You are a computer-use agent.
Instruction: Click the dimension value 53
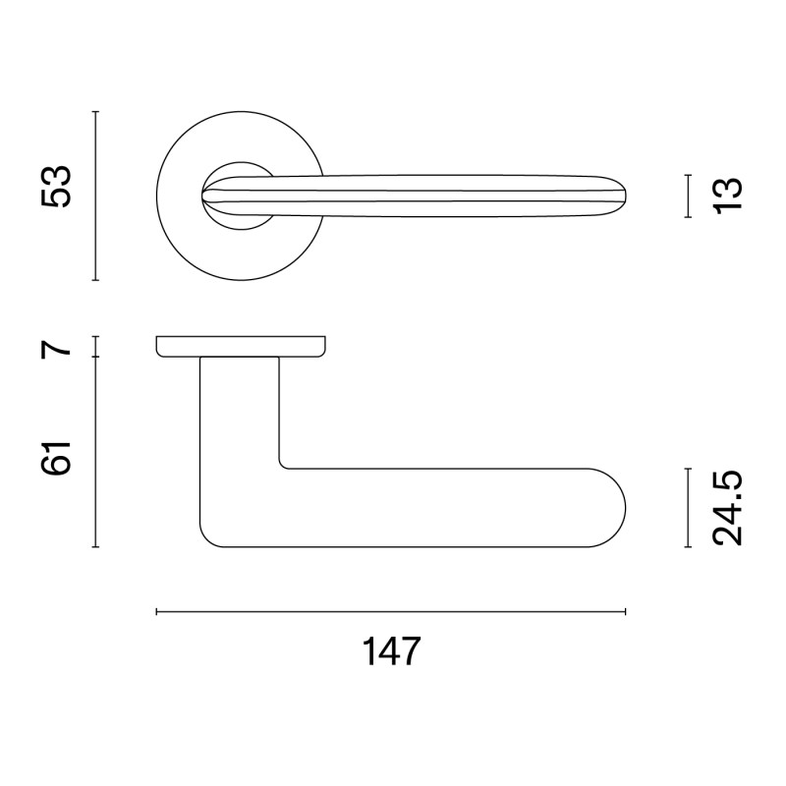coord(56,186)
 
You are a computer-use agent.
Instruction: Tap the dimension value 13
coord(727,196)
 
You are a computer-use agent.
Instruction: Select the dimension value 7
coord(56,345)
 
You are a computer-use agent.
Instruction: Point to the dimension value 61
coord(56,458)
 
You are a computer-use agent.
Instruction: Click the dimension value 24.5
coord(727,508)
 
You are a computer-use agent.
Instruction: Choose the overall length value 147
coord(391,651)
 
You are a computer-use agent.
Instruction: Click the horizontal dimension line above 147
coord(391,611)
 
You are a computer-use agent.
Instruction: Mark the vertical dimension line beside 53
coord(95,196)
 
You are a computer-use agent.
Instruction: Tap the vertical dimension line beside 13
coord(689,196)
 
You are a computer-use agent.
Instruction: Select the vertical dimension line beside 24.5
coord(689,508)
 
